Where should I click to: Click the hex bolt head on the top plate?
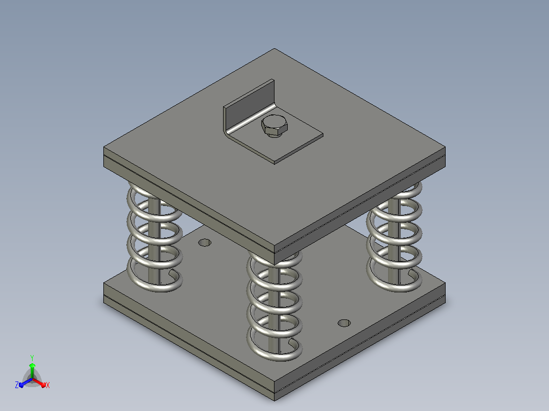pyautogui.click(x=274, y=126)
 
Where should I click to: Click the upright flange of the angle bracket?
pyautogui.click(x=249, y=105)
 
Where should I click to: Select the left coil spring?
pyautogui.click(x=154, y=238)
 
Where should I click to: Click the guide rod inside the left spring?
pyautogui.click(x=154, y=241)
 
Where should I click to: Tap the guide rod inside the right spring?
pyautogui.click(x=394, y=241)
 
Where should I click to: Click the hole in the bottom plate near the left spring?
pyautogui.click(x=205, y=243)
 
